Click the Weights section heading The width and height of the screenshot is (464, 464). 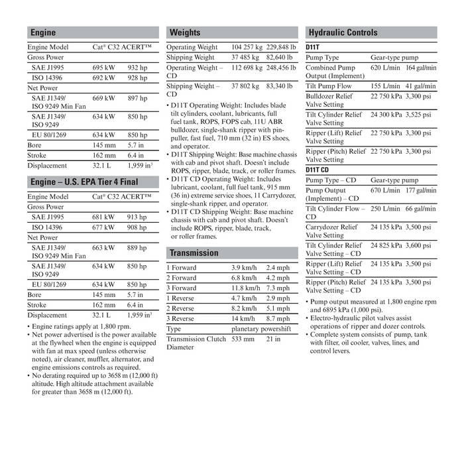click(185, 32)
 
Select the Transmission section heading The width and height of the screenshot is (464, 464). click(194, 253)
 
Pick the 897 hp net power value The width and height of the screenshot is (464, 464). click(137, 98)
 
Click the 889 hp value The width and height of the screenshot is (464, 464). click(137, 247)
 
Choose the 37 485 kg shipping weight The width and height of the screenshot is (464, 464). click(245, 58)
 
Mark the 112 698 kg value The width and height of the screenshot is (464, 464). click(247, 68)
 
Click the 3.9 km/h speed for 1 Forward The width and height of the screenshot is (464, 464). click(244, 268)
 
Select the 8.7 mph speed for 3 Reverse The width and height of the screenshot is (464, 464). click(278, 318)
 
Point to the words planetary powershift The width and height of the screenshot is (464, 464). click(261, 328)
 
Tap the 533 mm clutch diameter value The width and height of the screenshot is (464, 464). click(243, 339)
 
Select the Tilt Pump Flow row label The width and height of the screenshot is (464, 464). click(329, 86)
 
